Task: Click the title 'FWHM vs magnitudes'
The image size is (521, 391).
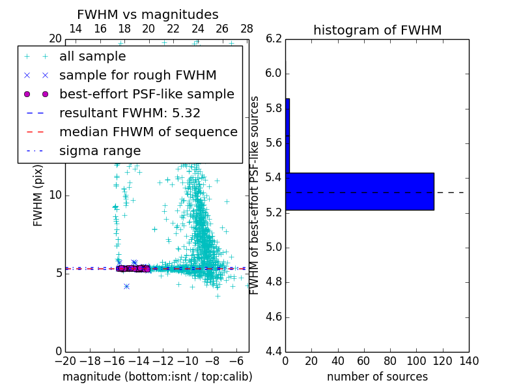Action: pos(148,14)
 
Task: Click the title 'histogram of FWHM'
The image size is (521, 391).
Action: pos(377,30)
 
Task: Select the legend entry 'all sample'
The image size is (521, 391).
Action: pos(92,57)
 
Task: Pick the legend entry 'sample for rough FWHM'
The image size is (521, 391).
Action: pos(137,76)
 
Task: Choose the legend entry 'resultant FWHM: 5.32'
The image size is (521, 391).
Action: pos(130,113)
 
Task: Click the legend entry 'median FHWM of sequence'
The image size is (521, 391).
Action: pos(148,132)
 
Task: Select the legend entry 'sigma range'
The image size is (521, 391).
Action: pos(100,151)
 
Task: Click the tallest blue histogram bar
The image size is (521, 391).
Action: pos(359,192)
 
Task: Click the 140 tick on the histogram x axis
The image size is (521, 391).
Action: pos(468,360)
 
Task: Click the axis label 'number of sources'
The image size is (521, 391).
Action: pos(377,377)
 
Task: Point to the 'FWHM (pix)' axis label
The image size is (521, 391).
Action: pos(38,195)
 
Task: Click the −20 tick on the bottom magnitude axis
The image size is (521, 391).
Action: pos(65,360)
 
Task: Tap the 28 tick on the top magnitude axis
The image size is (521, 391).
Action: pos(247,29)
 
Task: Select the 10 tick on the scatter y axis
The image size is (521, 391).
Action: pos(56,195)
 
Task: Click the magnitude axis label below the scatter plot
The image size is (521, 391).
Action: pos(157,377)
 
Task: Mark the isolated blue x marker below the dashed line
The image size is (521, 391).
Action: pos(126,286)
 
